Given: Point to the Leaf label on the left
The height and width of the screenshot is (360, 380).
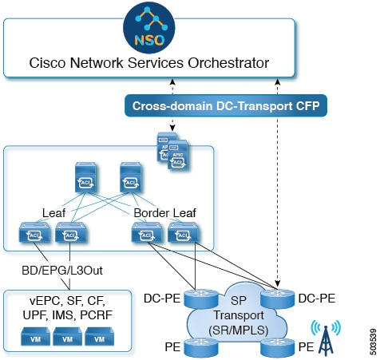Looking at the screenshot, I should [53, 213].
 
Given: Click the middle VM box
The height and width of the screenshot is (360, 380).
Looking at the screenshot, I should [64, 338].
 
